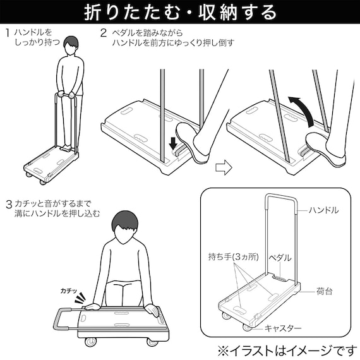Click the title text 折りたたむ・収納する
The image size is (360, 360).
[x=180, y=12]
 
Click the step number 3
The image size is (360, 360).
[x=8, y=204]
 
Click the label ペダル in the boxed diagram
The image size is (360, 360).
[x=280, y=258]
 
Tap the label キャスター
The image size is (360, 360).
[x=284, y=328]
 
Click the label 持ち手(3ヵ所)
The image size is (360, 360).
[x=231, y=257]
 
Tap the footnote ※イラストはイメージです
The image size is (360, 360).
[x=287, y=349]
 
